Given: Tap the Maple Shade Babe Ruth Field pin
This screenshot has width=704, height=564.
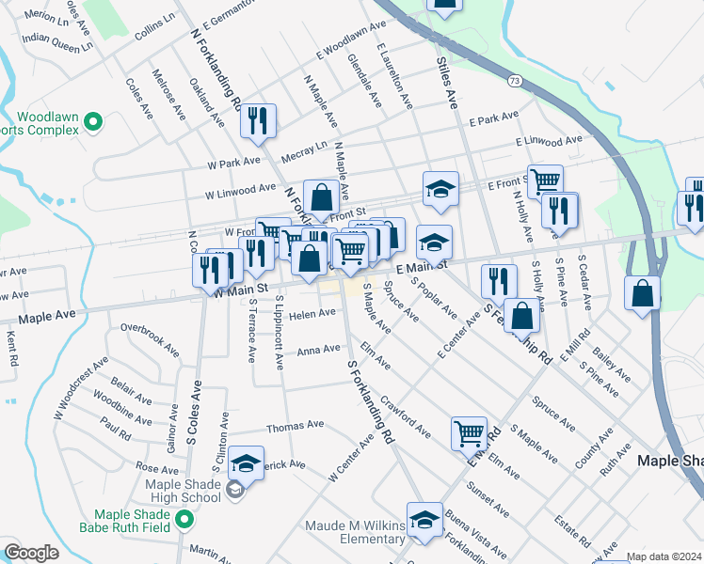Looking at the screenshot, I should point(185,518).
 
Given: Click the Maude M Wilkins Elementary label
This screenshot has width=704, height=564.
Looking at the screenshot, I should point(355,531).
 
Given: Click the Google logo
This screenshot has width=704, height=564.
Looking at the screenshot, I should point(31,553).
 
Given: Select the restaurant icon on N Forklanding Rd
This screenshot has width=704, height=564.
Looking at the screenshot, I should point(258,119).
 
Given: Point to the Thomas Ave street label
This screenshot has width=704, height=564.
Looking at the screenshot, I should point(288,427).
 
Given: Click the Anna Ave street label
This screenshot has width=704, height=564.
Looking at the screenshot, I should point(318,350).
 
